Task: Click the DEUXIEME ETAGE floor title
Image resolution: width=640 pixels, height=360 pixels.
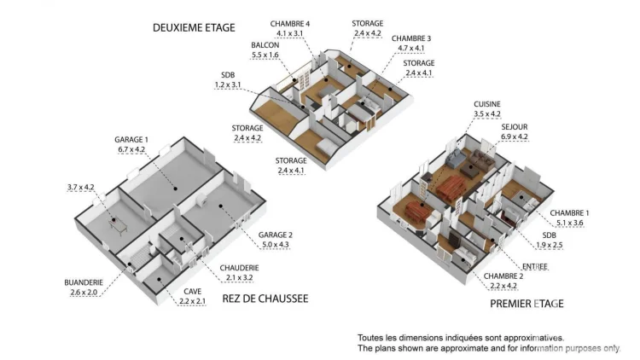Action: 194,28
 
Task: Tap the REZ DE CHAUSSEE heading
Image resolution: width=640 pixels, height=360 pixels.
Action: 265,299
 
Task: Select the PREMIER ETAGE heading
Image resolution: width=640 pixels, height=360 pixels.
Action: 527,304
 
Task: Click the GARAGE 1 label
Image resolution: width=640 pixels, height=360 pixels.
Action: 131,140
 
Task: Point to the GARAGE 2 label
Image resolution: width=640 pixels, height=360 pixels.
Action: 276,235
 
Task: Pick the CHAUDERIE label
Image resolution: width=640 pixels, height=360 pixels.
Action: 239,268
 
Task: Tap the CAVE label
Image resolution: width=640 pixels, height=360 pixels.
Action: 192,292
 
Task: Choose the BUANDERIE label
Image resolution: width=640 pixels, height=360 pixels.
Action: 84,282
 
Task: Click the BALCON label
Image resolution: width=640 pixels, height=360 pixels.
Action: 265,45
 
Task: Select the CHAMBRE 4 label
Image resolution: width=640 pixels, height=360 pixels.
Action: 290,24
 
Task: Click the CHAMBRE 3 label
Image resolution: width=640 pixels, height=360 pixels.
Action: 411,38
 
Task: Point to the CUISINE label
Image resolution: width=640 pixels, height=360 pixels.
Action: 487,104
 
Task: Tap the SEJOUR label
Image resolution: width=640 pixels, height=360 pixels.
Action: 515,127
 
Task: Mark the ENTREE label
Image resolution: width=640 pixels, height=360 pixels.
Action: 535,266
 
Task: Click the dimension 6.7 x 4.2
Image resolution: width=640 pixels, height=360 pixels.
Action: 131,150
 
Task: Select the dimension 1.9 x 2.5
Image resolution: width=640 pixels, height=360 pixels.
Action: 550,246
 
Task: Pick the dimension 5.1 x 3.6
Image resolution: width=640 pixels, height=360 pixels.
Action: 569,224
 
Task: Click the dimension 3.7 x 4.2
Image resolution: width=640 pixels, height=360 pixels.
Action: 81,188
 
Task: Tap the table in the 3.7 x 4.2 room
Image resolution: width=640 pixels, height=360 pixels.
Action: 119,225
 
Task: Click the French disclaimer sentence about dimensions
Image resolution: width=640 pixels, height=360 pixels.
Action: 461,338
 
